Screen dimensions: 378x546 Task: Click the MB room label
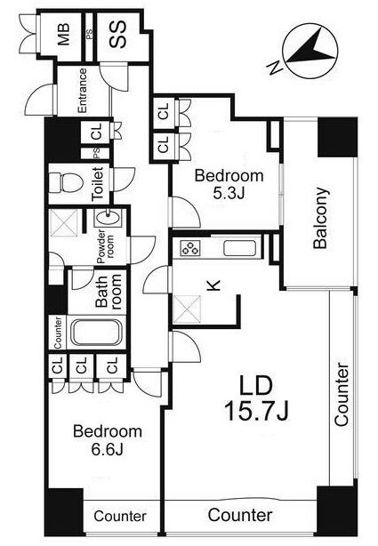(63, 35)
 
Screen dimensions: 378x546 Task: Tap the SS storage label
(117, 35)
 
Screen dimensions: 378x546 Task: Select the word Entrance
(83, 91)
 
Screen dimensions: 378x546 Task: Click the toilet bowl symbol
(65, 183)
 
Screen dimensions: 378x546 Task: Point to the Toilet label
(98, 183)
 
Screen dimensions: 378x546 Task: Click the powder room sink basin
(109, 218)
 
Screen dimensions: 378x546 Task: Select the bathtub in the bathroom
(95, 333)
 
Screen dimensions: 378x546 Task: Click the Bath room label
(109, 292)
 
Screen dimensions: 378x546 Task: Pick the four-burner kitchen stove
(189, 248)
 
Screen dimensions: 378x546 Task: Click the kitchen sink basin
(239, 248)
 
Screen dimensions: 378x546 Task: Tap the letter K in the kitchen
(213, 285)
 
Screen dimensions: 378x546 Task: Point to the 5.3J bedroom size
(229, 194)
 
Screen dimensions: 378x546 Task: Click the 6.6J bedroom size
(107, 450)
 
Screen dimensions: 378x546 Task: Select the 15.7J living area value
(256, 411)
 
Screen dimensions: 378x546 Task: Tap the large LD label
(256, 385)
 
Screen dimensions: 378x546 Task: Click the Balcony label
(320, 218)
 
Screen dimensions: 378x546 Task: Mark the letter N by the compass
(275, 68)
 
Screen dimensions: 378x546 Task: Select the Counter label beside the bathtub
(58, 333)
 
